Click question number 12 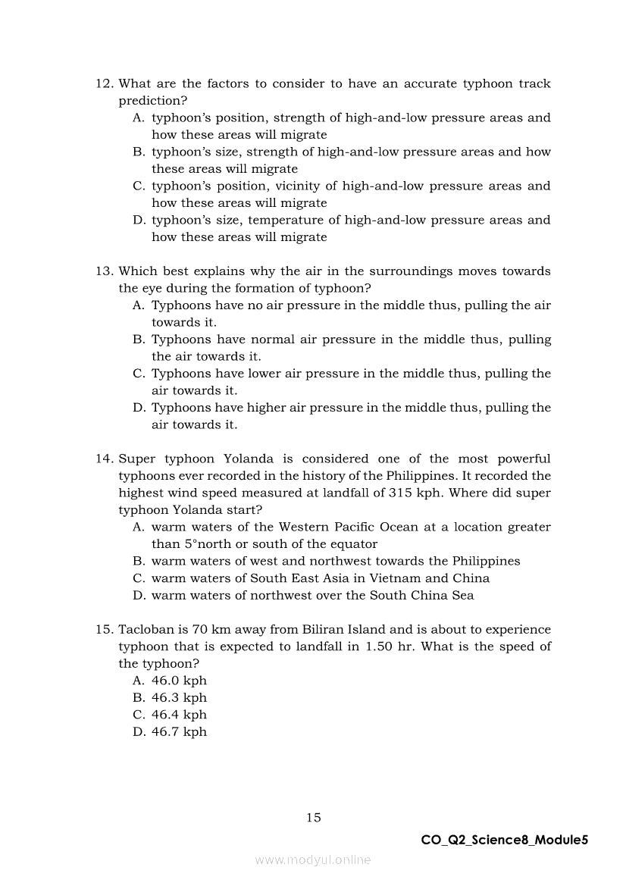pos(104,84)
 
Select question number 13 pos(104,271)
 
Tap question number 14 pos(104,459)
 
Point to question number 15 pos(104,630)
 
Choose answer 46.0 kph pos(179,681)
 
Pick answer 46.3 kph pos(179,698)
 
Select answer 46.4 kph pos(179,715)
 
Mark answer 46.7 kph pos(179,732)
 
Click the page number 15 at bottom pos(313,817)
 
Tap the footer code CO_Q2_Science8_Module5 pos(504,840)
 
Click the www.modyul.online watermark pos(313,860)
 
